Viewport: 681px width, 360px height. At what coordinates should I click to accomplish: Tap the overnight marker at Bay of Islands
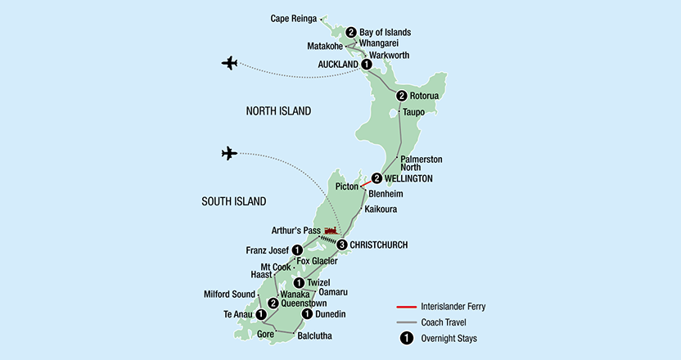point(351,32)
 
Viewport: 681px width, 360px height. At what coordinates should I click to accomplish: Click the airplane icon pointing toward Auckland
point(229,63)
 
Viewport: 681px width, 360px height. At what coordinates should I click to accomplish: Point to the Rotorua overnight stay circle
point(401,96)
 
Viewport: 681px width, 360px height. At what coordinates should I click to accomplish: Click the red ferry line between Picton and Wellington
point(368,182)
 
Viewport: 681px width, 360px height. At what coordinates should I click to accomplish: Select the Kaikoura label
point(382,209)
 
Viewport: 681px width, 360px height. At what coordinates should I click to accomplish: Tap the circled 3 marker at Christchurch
point(342,244)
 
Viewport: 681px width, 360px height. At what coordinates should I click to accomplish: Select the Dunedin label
point(331,314)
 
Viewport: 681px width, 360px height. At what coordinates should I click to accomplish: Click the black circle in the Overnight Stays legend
point(406,337)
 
